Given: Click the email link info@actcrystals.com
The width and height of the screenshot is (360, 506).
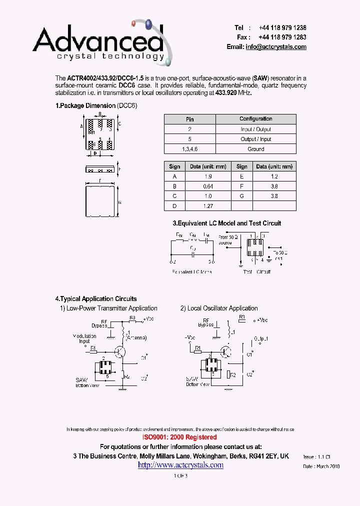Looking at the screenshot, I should tap(275, 47).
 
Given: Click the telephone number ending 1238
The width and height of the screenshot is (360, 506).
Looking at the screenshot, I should tap(282, 28).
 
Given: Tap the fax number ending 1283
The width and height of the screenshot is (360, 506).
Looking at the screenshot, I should tap(282, 37).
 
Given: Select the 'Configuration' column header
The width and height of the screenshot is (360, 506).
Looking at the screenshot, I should tap(255, 119).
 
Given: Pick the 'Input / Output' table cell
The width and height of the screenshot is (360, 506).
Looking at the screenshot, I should tap(255, 129).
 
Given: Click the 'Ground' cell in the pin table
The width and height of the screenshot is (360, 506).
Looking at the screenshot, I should tap(255, 149).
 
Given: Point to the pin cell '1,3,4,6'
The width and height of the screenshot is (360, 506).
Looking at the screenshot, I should tap(189, 149).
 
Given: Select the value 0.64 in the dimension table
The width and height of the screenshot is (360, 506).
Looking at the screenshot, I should tap(208, 186).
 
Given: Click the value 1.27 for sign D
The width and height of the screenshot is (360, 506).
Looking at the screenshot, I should tap(208, 205).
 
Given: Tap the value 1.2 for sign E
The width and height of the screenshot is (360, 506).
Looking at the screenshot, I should tap(273, 176).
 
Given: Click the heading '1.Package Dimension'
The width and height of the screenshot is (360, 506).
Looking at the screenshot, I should tap(85, 106).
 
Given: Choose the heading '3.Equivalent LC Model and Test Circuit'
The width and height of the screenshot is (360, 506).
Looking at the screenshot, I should tap(226, 223).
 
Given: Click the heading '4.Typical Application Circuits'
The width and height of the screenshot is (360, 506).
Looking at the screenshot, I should tap(95, 299).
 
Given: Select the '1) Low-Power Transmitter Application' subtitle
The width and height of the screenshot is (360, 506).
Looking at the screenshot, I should tap(108, 308).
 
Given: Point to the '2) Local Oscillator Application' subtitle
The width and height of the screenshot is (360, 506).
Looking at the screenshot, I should tap(219, 308).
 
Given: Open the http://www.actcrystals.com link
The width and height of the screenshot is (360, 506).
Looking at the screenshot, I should tap(180, 465).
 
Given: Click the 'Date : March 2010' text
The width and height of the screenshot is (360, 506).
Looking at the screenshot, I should tap(321, 466).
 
